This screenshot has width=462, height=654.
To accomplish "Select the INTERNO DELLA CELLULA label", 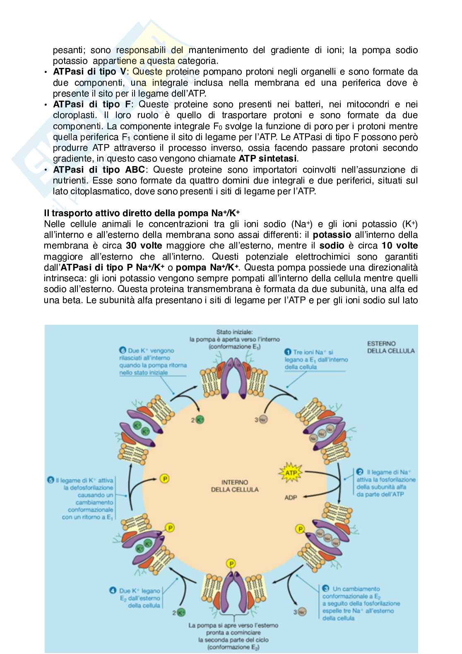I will [235, 486].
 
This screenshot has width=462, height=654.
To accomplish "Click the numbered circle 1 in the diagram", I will [287, 352].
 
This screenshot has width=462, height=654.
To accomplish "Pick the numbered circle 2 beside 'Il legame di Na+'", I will [360, 472].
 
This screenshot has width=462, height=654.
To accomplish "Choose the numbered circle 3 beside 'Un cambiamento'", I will [326, 589].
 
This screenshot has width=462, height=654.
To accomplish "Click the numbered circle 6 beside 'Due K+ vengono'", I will [122, 350].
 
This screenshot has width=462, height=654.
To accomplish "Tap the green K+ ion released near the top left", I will [200, 420].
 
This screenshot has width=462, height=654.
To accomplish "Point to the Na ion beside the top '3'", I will [263, 420].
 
